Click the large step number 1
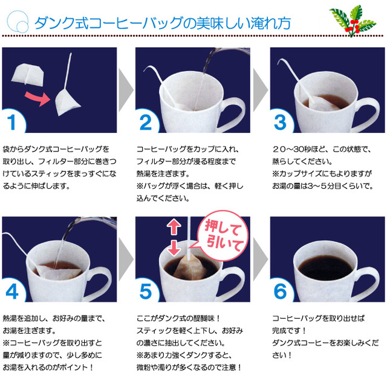[11, 122]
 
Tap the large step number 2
[146, 122]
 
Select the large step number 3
[280, 122]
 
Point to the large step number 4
[12, 291]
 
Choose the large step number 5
[146, 291]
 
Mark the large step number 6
[280, 291]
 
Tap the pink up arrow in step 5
[174, 226]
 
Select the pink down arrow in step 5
[174, 248]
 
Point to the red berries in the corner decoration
[353, 27]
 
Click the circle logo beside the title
[18, 22]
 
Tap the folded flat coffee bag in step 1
[28, 75]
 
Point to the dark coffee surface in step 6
[326, 268]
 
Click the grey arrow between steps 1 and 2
[126, 90]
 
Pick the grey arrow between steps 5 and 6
[261, 259]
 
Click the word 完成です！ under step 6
[289, 331]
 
